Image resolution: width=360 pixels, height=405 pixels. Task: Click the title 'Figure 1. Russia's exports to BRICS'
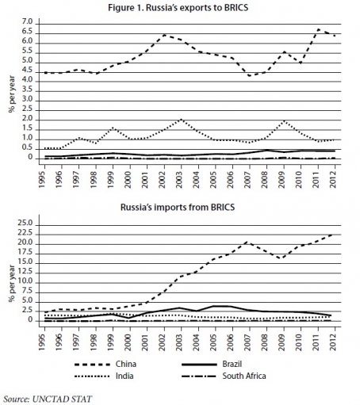(178, 8)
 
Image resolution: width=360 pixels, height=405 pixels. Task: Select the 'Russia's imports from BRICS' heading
(178, 207)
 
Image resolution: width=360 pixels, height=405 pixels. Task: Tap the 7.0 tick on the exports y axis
(26, 22)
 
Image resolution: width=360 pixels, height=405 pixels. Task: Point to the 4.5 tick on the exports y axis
(26, 71)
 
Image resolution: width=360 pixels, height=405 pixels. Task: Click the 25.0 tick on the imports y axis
(25, 224)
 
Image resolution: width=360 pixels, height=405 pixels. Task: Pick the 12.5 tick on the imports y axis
(25, 272)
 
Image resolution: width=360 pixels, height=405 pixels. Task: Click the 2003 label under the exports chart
(180, 178)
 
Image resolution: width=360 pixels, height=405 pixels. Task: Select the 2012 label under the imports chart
(334, 341)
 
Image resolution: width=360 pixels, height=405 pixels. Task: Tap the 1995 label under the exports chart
(42, 178)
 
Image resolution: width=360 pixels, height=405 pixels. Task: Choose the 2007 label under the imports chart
(248, 341)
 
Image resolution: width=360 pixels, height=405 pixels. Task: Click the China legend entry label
(126, 364)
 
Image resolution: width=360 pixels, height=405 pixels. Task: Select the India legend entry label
(124, 376)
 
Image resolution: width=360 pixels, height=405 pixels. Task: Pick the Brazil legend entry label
(232, 364)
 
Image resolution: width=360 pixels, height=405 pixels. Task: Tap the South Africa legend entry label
(244, 376)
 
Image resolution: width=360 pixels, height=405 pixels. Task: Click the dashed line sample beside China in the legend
(92, 365)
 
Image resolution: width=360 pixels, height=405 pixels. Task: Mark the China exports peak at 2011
(318, 29)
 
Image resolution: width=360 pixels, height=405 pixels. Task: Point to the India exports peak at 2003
(181, 120)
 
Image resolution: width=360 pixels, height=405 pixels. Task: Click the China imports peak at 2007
(247, 242)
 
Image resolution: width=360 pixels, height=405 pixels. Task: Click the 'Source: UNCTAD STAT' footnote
(48, 399)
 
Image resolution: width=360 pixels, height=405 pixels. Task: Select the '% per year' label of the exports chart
(12, 94)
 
